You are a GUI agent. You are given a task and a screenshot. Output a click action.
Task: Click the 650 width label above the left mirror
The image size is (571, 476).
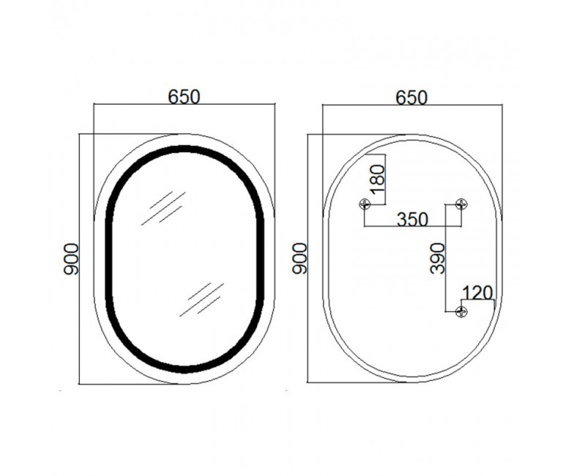[184, 97]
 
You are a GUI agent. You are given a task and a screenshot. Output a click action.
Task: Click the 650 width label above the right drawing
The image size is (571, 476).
[411, 97]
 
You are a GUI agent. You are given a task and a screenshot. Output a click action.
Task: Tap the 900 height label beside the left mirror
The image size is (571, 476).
[71, 259]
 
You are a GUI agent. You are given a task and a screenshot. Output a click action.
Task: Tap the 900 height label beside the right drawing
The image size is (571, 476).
[299, 259]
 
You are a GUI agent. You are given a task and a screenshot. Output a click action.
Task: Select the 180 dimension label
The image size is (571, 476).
[377, 179]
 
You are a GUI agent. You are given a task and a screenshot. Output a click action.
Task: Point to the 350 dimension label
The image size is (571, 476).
[412, 219]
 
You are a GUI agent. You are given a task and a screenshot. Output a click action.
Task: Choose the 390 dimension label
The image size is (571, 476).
[437, 259]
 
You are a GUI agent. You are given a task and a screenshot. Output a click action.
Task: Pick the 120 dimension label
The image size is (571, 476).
[477, 292]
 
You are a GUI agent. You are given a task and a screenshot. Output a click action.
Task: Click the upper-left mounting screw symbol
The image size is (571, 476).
[365, 204]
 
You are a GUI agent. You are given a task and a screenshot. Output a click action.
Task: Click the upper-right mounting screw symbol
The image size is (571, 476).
[461, 204]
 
